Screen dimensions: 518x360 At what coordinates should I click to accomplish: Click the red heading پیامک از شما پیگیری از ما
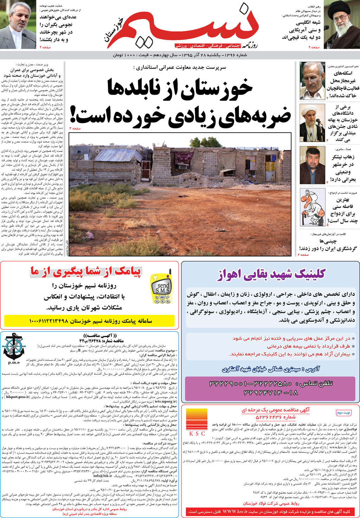point(85,271)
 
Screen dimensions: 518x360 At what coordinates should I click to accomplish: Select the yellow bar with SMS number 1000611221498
point(90,321)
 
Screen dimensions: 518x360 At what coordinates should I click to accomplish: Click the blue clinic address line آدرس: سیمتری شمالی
point(271,369)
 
